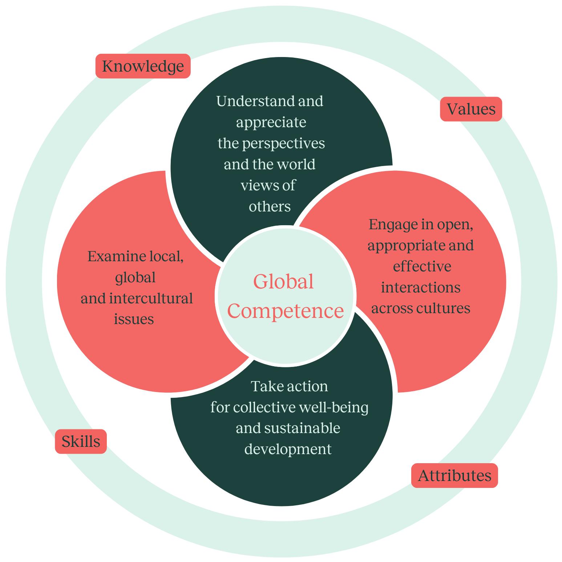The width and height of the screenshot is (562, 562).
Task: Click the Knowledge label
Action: [x=143, y=66]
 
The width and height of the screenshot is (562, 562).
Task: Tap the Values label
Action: [x=471, y=109]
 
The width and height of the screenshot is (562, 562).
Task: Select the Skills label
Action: [x=81, y=441]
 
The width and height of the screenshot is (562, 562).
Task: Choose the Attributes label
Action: [x=454, y=476]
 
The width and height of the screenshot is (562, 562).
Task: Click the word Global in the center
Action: [x=283, y=282]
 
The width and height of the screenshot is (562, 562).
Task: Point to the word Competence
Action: [x=286, y=311]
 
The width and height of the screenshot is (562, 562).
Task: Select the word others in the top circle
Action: [x=270, y=207]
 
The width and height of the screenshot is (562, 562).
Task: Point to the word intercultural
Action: [x=150, y=299]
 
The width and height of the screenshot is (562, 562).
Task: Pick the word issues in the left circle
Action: [x=134, y=319]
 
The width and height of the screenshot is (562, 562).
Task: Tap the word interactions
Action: [x=421, y=288]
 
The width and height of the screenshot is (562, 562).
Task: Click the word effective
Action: [x=422, y=267]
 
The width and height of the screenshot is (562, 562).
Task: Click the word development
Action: [x=288, y=449]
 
